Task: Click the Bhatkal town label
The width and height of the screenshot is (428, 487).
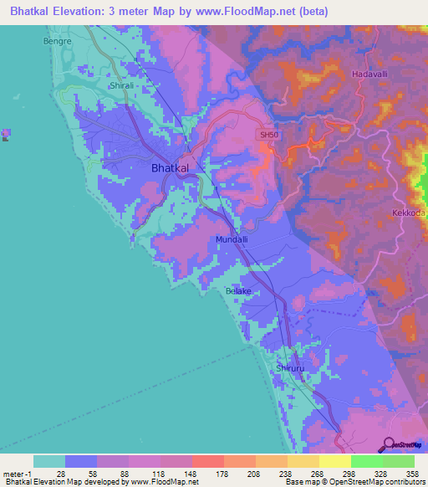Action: [x=170, y=168]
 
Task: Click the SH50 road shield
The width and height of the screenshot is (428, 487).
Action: [x=267, y=134]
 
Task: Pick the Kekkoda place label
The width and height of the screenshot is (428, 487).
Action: [x=409, y=213]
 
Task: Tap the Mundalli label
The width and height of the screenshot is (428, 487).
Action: [x=232, y=240]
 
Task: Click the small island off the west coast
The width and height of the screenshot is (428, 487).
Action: [x=7, y=134]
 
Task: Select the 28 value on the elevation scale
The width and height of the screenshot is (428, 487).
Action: [x=60, y=473]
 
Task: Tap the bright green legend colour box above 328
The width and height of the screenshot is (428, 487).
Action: [x=366, y=461]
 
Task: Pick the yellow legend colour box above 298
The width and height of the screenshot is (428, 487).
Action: [x=334, y=461]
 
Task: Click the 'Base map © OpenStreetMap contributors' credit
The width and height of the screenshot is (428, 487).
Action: [x=354, y=482]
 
